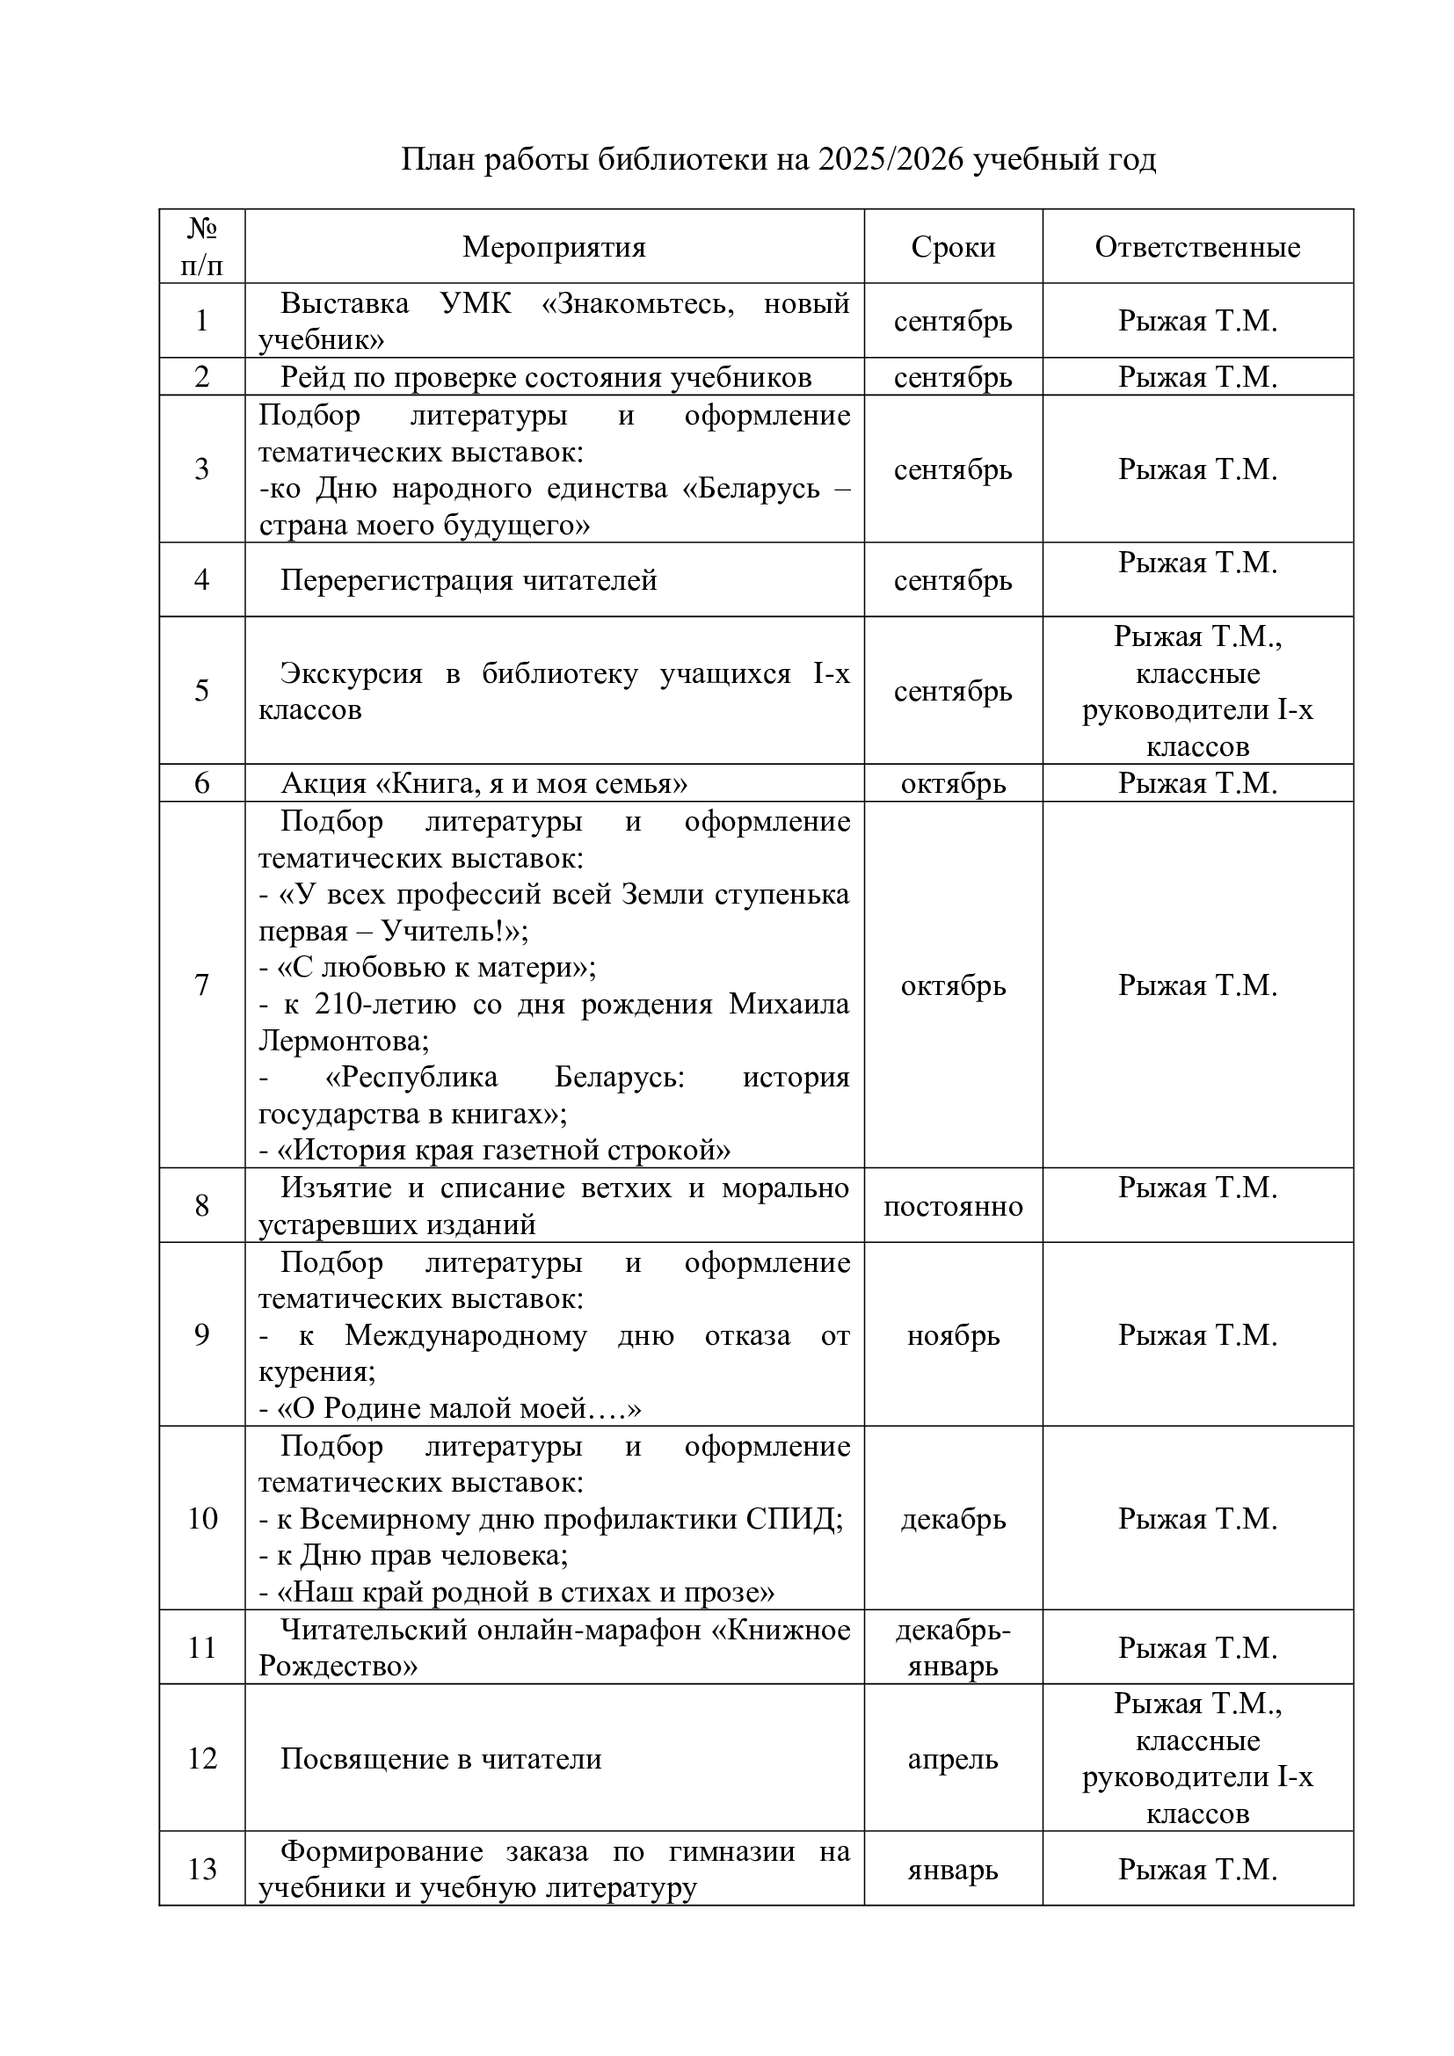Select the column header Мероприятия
click(x=554, y=247)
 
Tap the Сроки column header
click(x=953, y=247)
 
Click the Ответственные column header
click(x=1197, y=247)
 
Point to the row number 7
click(x=202, y=985)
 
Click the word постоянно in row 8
click(x=953, y=1206)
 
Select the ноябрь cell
click(x=953, y=1335)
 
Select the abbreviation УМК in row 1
click(x=476, y=303)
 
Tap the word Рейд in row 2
click(x=311, y=378)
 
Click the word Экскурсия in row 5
click(x=351, y=673)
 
